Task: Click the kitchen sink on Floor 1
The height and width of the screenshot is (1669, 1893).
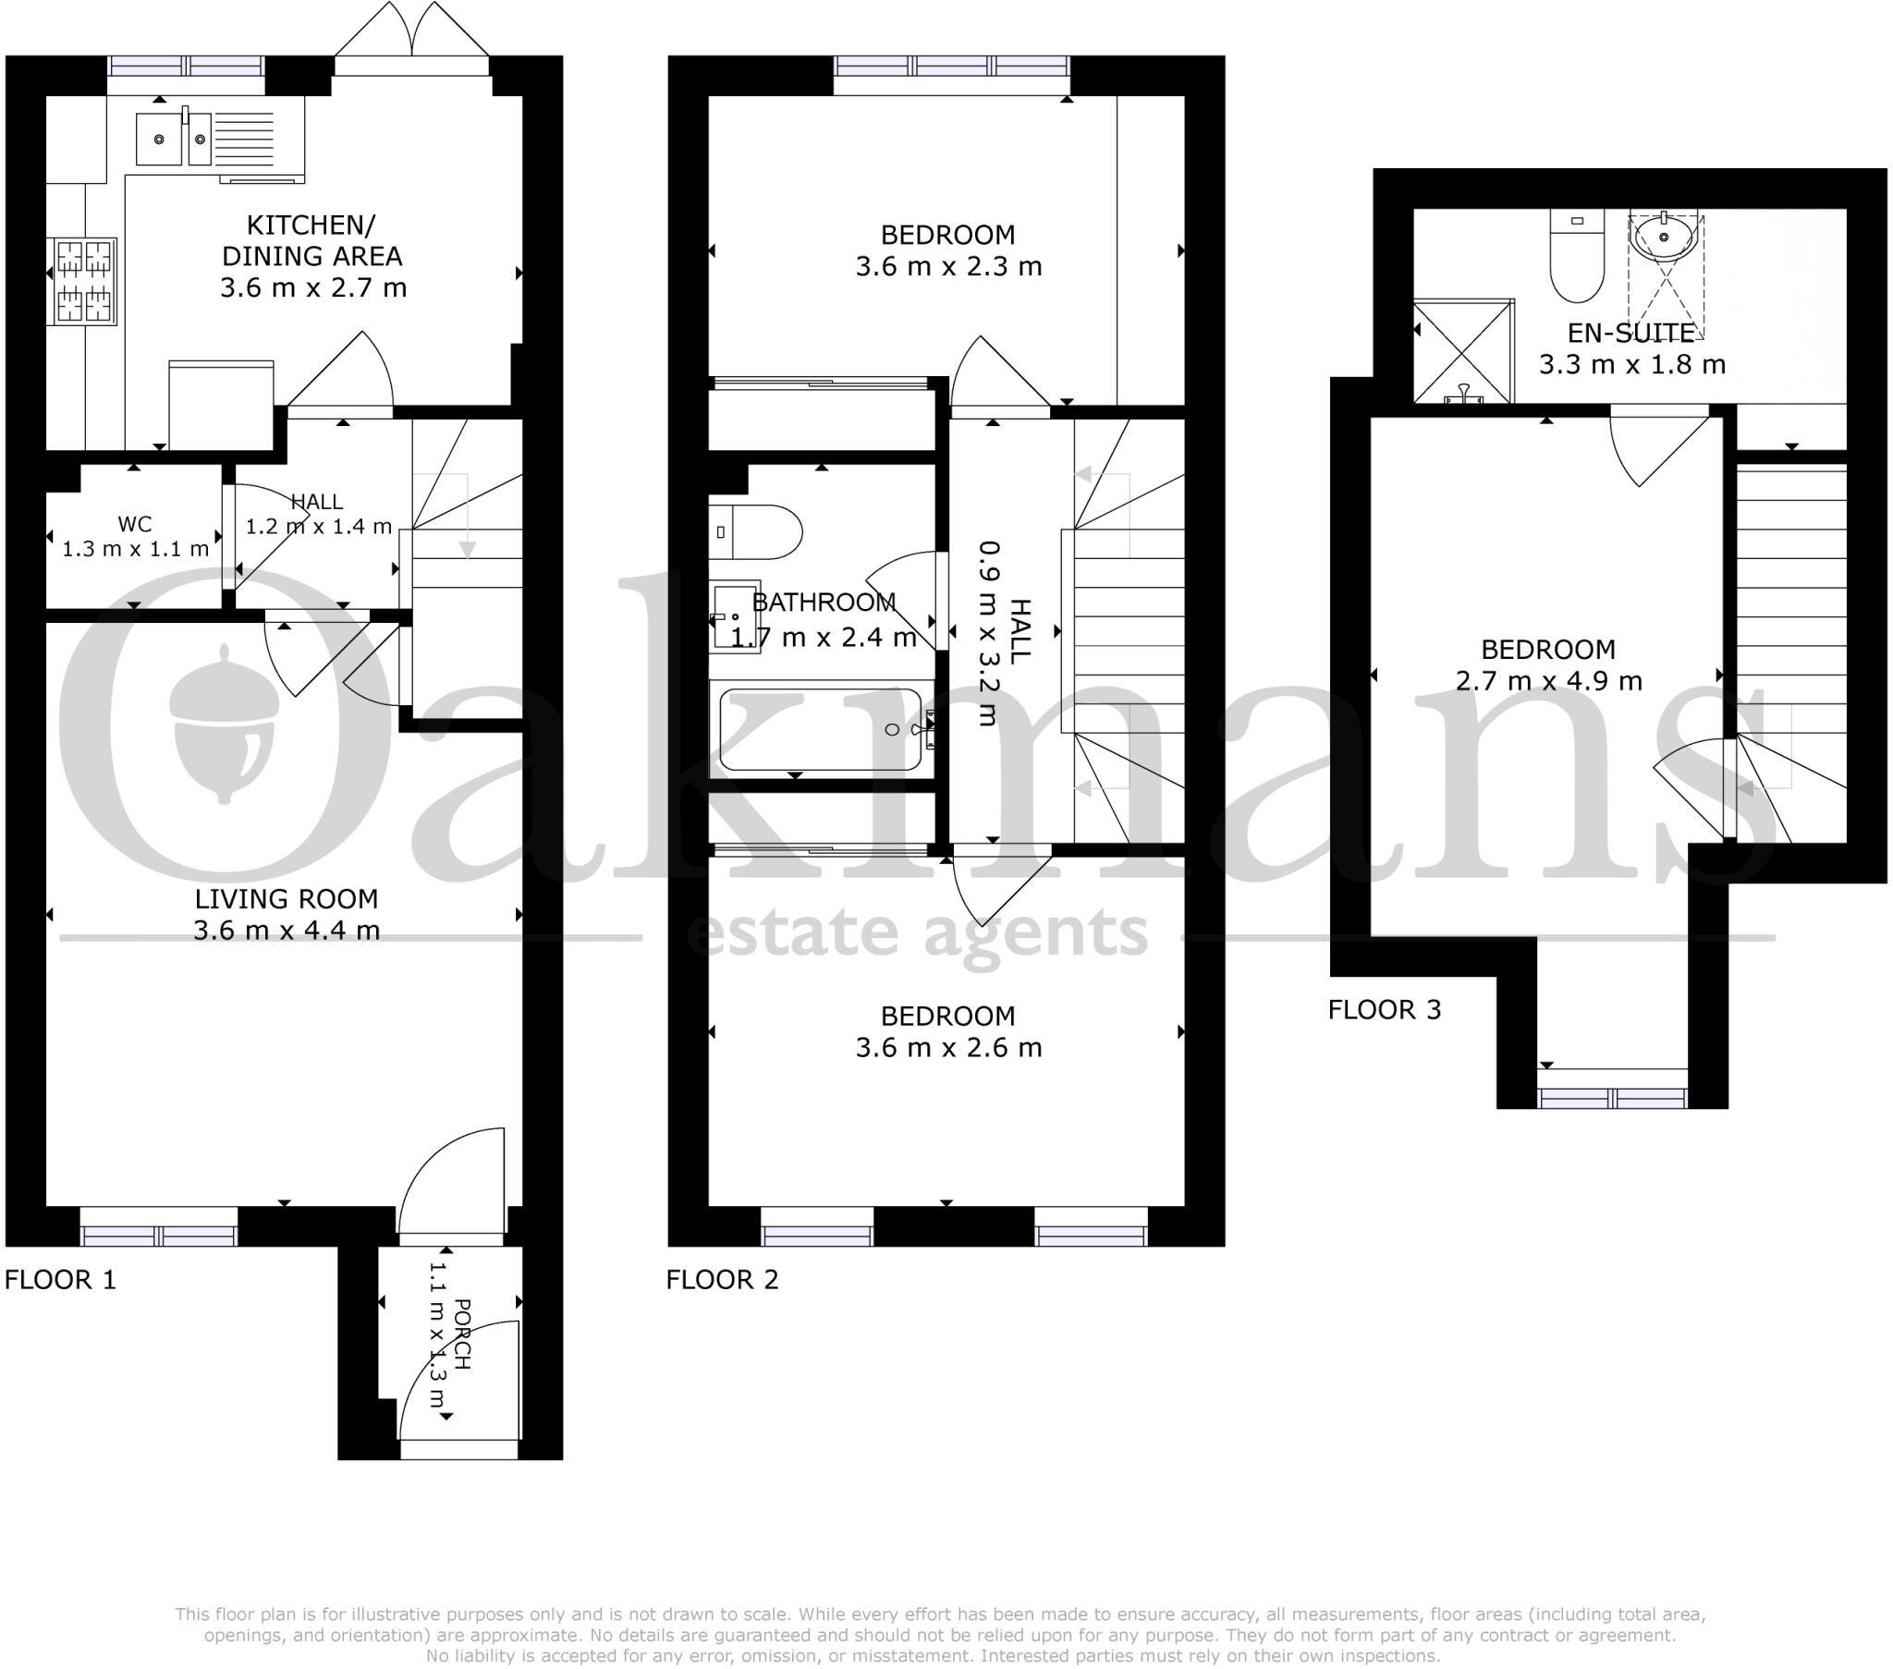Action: pos(174,139)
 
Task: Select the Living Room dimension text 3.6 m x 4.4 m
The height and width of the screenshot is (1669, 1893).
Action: pos(287,931)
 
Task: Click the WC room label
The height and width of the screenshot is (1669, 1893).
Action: pos(134,524)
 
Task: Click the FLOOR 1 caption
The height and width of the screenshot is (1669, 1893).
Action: pos(60,1280)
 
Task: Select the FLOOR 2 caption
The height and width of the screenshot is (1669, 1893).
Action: pos(723,1280)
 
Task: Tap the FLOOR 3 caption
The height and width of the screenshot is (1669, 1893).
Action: pos(1385,1009)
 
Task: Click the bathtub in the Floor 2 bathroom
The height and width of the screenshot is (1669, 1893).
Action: pos(821,730)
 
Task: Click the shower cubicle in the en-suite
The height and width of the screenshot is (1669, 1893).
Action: pos(1462,352)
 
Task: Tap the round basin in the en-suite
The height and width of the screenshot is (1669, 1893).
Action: pos(1664,238)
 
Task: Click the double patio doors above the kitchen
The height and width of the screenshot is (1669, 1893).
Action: pos(411,42)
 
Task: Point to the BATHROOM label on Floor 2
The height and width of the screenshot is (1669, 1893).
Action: pos(824,603)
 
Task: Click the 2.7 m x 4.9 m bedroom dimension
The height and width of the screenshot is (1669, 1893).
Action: pos(1548,682)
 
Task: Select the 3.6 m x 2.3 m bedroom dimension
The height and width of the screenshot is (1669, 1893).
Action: pos(947,267)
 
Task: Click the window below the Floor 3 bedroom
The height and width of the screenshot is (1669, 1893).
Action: pos(1611,1098)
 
